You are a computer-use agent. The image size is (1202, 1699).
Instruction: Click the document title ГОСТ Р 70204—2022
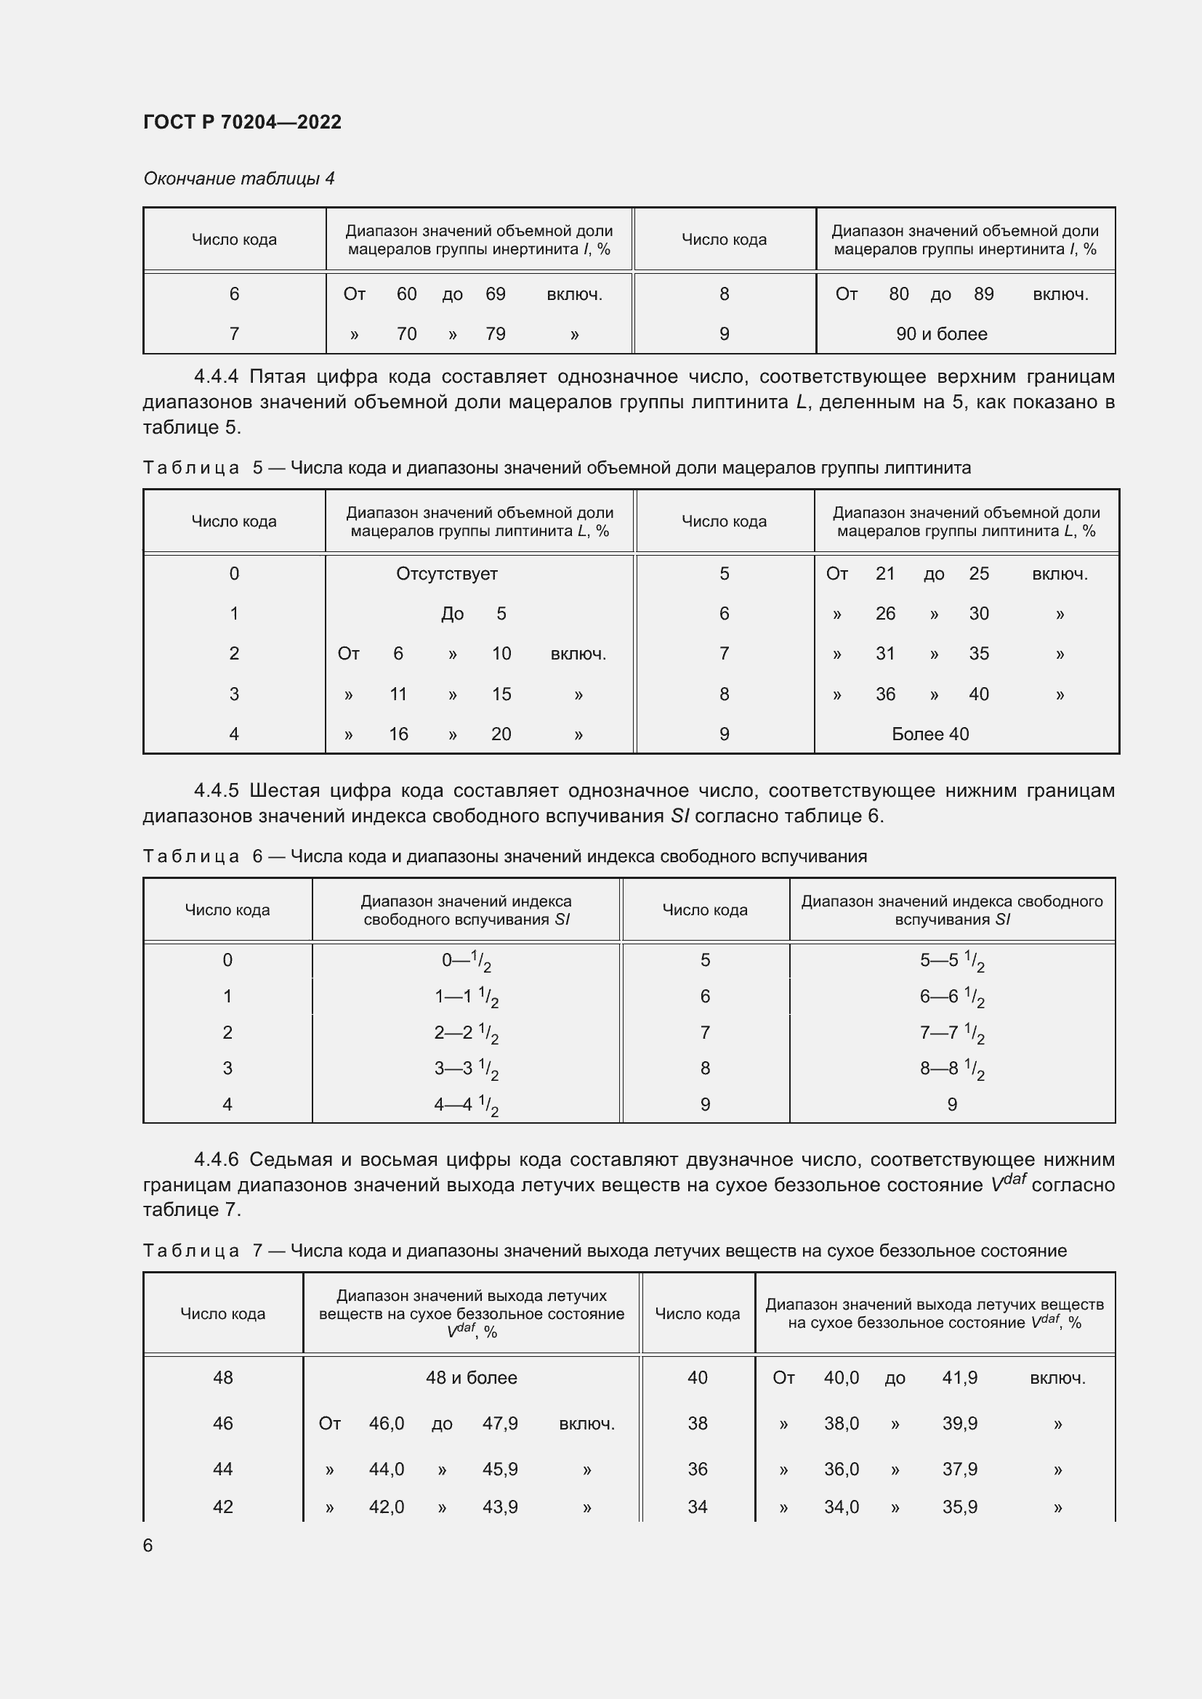click(x=242, y=122)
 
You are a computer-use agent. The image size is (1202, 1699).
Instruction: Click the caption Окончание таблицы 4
click(x=238, y=179)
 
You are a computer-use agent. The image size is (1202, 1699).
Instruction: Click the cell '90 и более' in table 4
click(x=941, y=333)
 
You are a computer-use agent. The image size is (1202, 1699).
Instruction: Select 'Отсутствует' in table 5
click(x=446, y=574)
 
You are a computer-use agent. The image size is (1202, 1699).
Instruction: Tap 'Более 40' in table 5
click(x=930, y=734)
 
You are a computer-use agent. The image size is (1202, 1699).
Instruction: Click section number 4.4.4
click(x=216, y=377)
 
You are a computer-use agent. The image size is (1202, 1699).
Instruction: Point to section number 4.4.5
click(x=216, y=790)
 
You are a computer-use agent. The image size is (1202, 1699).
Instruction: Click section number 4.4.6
click(x=216, y=1159)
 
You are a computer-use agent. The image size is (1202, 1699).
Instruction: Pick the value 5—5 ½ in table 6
click(x=952, y=960)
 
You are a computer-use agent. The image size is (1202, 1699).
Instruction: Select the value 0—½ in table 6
click(x=467, y=960)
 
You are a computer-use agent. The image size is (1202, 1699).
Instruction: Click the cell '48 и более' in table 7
click(x=471, y=1378)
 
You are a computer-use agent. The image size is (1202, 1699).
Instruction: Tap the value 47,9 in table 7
click(x=499, y=1423)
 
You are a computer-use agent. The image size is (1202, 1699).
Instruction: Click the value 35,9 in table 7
click(x=959, y=1507)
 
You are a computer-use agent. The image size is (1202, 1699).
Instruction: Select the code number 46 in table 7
click(x=223, y=1423)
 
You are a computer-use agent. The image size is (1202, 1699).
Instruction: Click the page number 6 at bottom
click(x=148, y=1545)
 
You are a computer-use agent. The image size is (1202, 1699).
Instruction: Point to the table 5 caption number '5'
click(x=257, y=468)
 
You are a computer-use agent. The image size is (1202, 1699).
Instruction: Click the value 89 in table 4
click(x=983, y=293)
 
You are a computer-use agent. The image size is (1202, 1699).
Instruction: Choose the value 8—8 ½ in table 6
click(x=952, y=1069)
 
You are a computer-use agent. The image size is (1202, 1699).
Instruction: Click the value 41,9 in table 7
click(x=959, y=1378)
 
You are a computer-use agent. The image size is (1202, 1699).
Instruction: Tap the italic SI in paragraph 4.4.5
click(x=679, y=816)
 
